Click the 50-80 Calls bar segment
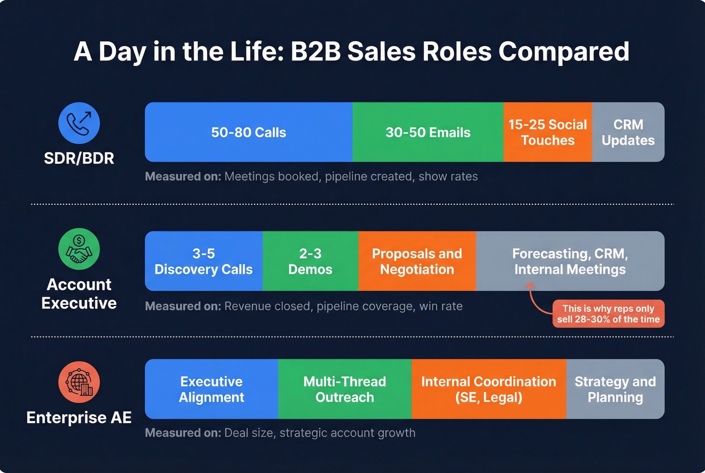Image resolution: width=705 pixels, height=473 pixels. [x=248, y=132]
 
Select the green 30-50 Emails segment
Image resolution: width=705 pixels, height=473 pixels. [x=428, y=132]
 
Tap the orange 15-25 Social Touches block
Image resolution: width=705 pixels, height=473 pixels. [x=547, y=132]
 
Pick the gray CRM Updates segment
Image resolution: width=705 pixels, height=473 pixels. [x=628, y=132]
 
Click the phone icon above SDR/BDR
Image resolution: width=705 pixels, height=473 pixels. [x=79, y=123]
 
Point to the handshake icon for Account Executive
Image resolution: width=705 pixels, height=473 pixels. [x=79, y=249]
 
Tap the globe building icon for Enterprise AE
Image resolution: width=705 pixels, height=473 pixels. [x=79, y=382]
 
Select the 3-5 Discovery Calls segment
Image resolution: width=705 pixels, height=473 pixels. [x=203, y=261]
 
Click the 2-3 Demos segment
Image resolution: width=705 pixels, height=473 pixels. [x=310, y=261]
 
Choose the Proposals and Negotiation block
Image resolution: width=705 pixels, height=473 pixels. [x=417, y=261]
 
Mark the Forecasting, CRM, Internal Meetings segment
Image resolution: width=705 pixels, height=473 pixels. [x=570, y=261]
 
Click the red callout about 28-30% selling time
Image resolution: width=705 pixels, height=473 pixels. [x=608, y=314]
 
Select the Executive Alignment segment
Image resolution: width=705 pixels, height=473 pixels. [x=211, y=389]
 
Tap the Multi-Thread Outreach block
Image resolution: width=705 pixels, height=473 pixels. [x=344, y=389]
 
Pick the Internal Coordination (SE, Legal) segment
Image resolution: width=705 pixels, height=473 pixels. [x=488, y=389]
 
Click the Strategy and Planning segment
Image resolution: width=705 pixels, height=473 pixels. [x=615, y=389]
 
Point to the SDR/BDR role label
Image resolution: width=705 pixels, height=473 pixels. [x=79, y=158]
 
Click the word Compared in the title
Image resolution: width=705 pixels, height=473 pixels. [x=564, y=51]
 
